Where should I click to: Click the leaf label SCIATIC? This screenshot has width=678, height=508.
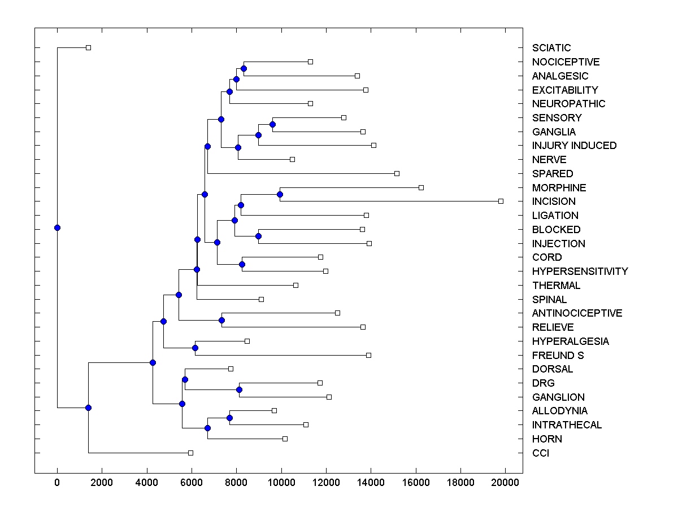(x=551, y=48)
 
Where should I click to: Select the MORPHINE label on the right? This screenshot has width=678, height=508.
(x=559, y=187)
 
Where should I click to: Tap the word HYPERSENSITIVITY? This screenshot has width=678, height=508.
(x=580, y=271)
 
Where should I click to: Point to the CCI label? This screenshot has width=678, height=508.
(x=540, y=453)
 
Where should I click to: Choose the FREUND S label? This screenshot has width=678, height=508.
(x=558, y=356)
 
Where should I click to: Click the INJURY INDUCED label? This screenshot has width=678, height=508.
(x=574, y=146)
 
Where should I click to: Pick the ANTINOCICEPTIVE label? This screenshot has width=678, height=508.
(x=577, y=313)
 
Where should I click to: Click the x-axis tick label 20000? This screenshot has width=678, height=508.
(x=505, y=482)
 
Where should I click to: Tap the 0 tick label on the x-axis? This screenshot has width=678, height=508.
(x=57, y=482)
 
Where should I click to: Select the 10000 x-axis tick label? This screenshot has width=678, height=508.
(x=281, y=482)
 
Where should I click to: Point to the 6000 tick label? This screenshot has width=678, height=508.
(x=192, y=482)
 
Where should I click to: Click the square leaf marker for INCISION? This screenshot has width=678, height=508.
(x=501, y=201)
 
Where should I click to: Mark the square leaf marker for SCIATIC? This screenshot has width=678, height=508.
(x=88, y=47)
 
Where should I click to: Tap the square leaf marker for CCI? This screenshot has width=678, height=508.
(x=190, y=453)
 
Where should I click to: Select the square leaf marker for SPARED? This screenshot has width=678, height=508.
(x=397, y=173)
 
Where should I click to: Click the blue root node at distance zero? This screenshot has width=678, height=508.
(x=57, y=227)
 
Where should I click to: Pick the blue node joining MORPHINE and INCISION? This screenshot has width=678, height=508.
(x=280, y=194)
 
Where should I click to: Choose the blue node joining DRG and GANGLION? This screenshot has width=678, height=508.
(x=239, y=389)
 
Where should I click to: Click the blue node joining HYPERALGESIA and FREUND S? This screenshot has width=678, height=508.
(x=195, y=348)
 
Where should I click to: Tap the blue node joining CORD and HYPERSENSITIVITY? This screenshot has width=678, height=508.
(x=242, y=264)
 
